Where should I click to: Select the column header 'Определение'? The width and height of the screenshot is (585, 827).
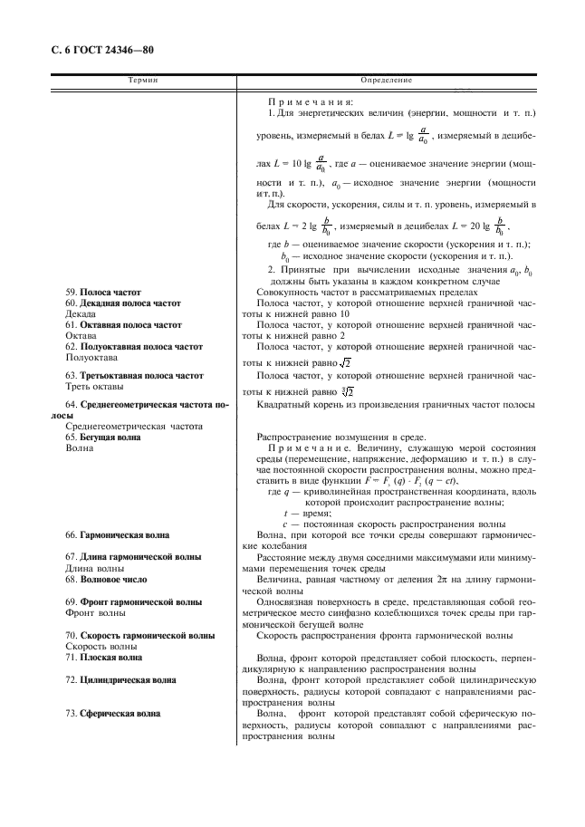(386, 82)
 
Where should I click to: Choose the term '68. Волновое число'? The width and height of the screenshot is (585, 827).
(108, 579)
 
